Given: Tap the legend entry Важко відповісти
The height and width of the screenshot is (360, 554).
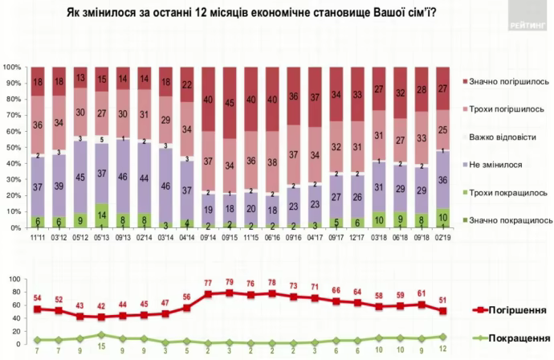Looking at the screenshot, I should [x=498, y=136].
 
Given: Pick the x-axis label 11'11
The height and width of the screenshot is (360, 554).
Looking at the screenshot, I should [x=37, y=238].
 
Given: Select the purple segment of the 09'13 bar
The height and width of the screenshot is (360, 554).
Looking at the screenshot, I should [x=124, y=176].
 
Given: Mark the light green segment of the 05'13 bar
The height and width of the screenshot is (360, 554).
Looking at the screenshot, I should [x=102, y=217].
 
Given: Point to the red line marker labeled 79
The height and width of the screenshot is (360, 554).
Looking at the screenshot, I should [x=230, y=292].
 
